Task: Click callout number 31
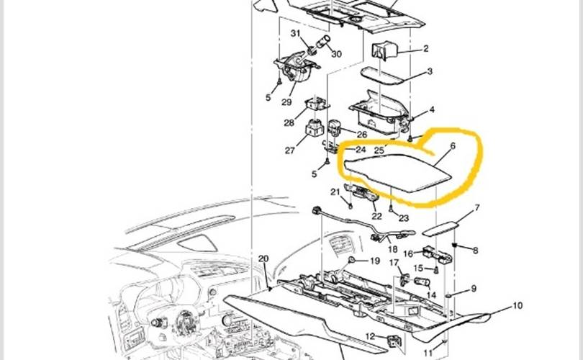click(x=296, y=34)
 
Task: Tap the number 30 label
click(x=336, y=54)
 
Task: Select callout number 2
click(x=425, y=49)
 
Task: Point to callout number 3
click(x=429, y=72)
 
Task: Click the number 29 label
click(x=287, y=103)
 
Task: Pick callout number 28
click(x=289, y=123)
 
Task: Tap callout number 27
click(x=289, y=150)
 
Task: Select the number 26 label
click(x=361, y=134)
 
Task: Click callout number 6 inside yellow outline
click(x=452, y=146)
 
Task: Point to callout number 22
click(x=376, y=215)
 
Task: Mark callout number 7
click(x=476, y=209)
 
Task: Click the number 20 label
click(x=263, y=259)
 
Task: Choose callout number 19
click(x=374, y=261)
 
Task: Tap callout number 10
click(x=517, y=306)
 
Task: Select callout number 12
click(x=369, y=336)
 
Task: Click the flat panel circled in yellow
click(x=396, y=171)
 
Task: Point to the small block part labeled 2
click(x=383, y=51)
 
